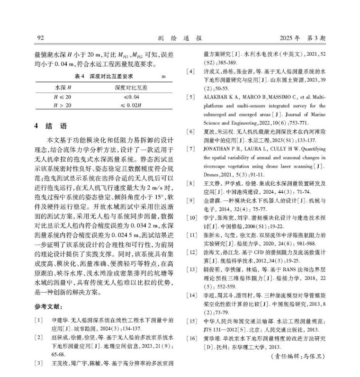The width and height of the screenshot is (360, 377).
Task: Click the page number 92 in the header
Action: [x=40, y=37]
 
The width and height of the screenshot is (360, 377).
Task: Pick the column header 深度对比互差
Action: [x=130, y=88]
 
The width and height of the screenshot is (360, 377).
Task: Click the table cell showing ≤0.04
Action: [x=130, y=98]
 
